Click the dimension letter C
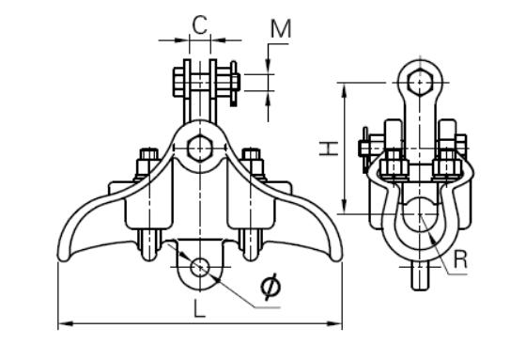coord(200,25)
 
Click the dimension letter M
coord(281,28)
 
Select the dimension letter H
coord(329,149)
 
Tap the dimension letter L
coord(199,308)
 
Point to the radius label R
coord(460,259)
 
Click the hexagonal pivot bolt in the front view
coord(199,149)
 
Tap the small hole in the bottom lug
coord(200,267)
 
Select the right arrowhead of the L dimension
coord(334,323)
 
